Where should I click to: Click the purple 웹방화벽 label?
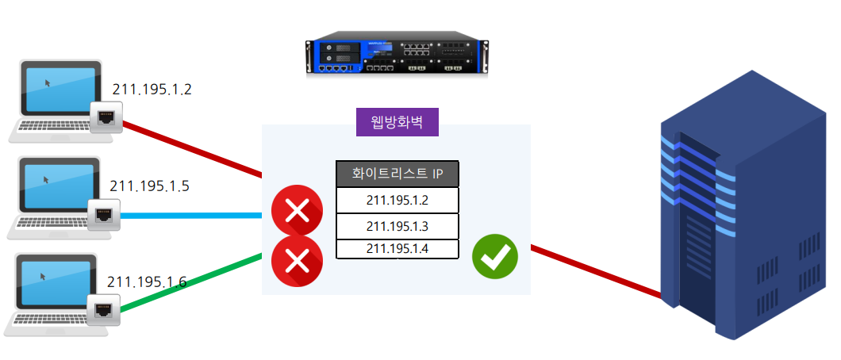click(x=397, y=122)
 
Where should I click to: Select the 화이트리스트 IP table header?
click(x=397, y=174)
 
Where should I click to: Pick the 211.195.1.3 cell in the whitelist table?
click(x=397, y=226)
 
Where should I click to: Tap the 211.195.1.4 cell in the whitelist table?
click(x=397, y=248)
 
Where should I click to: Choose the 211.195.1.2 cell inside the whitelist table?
click(x=397, y=200)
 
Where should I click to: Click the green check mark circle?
click(x=494, y=257)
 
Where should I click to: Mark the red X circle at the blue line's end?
click(x=298, y=211)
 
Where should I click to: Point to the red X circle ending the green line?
click(x=298, y=262)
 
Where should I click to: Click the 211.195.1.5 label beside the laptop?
click(x=149, y=186)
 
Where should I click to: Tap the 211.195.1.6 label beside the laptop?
click(x=147, y=281)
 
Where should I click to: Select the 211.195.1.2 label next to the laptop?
click(x=152, y=90)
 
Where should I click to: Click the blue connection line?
click(x=191, y=216)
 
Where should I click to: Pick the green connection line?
click(x=191, y=283)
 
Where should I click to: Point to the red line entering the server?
click(x=596, y=270)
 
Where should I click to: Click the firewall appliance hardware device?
click(x=397, y=55)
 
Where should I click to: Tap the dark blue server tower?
click(x=743, y=205)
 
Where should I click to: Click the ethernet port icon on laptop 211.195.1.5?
click(x=103, y=214)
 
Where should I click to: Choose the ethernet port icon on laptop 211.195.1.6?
click(x=103, y=309)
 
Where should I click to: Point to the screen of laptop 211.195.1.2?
click(x=60, y=87)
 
